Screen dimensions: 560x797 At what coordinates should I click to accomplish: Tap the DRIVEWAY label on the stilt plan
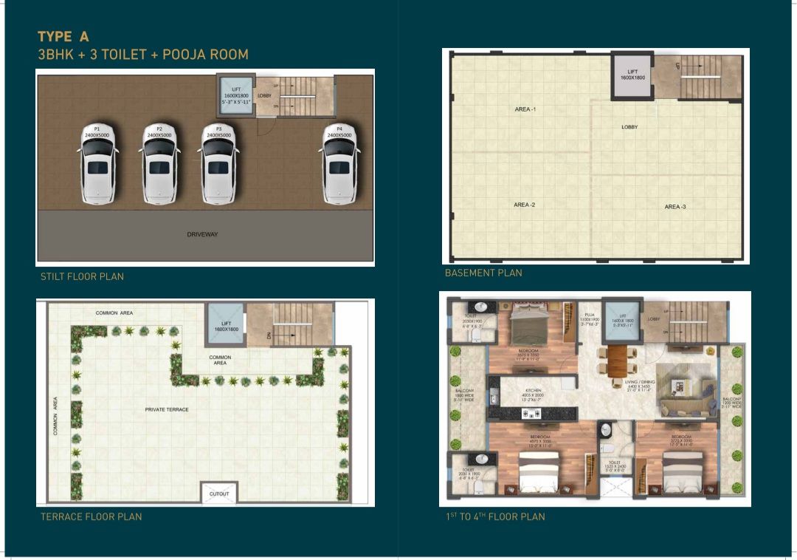click(x=202, y=234)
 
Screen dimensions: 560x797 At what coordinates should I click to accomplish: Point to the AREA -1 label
click(x=525, y=109)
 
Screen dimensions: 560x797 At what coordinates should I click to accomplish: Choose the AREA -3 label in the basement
click(x=675, y=207)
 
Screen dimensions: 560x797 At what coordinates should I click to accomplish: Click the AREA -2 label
click(x=525, y=205)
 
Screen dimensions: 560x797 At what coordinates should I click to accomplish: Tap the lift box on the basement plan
click(x=632, y=76)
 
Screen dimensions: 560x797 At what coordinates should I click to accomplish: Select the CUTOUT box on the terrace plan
click(x=219, y=494)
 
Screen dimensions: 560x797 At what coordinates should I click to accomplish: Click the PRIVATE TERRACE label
click(x=167, y=409)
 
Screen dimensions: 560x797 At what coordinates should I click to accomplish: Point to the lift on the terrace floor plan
click(x=227, y=325)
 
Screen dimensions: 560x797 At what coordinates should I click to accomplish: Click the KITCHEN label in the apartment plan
click(x=534, y=390)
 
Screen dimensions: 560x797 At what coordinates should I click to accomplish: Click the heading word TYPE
click(x=55, y=36)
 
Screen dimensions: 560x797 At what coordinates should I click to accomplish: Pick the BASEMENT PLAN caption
click(x=483, y=273)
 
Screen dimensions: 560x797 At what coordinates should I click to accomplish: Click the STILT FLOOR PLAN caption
click(x=82, y=276)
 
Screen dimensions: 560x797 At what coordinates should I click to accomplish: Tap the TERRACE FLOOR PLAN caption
click(x=91, y=516)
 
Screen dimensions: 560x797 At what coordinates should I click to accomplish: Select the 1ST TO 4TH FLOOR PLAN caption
click(x=495, y=516)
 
